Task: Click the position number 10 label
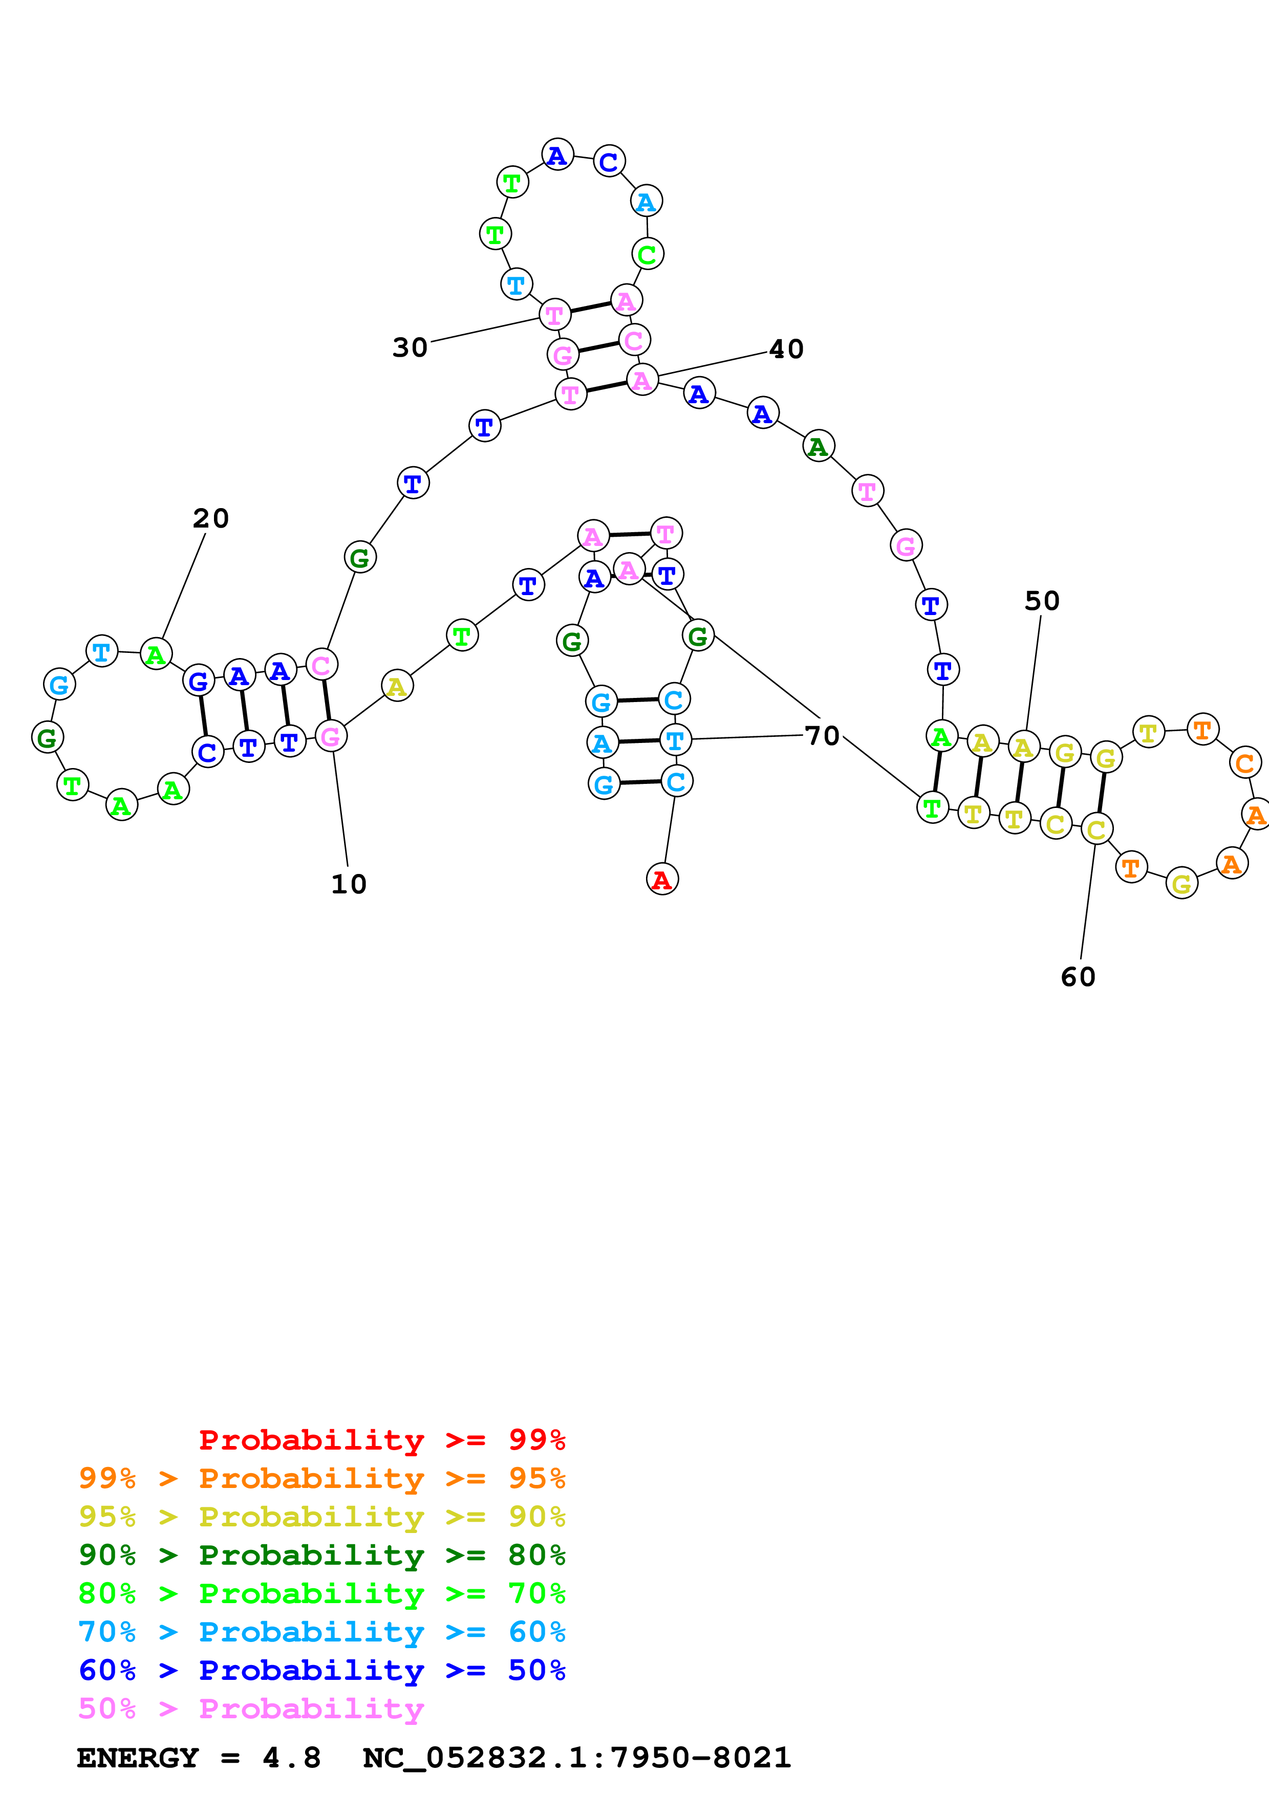click(x=349, y=884)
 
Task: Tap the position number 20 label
click(x=210, y=518)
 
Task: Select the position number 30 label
click(x=410, y=347)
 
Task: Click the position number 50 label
click(x=1042, y=600)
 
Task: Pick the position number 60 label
click(x=1078, y=976)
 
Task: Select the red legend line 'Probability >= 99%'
click(x=381, y=1440)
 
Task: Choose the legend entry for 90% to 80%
click(x=321, y=1555)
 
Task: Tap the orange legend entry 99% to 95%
click(x=321, y=1478)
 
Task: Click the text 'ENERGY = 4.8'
click(x=199, y=1758)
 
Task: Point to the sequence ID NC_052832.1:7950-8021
click(x=577, y=1758)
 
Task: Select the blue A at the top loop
click(x=557, y=155)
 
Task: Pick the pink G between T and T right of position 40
click(x=906, y=545)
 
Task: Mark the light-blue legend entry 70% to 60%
click(x=321, y=1632)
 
